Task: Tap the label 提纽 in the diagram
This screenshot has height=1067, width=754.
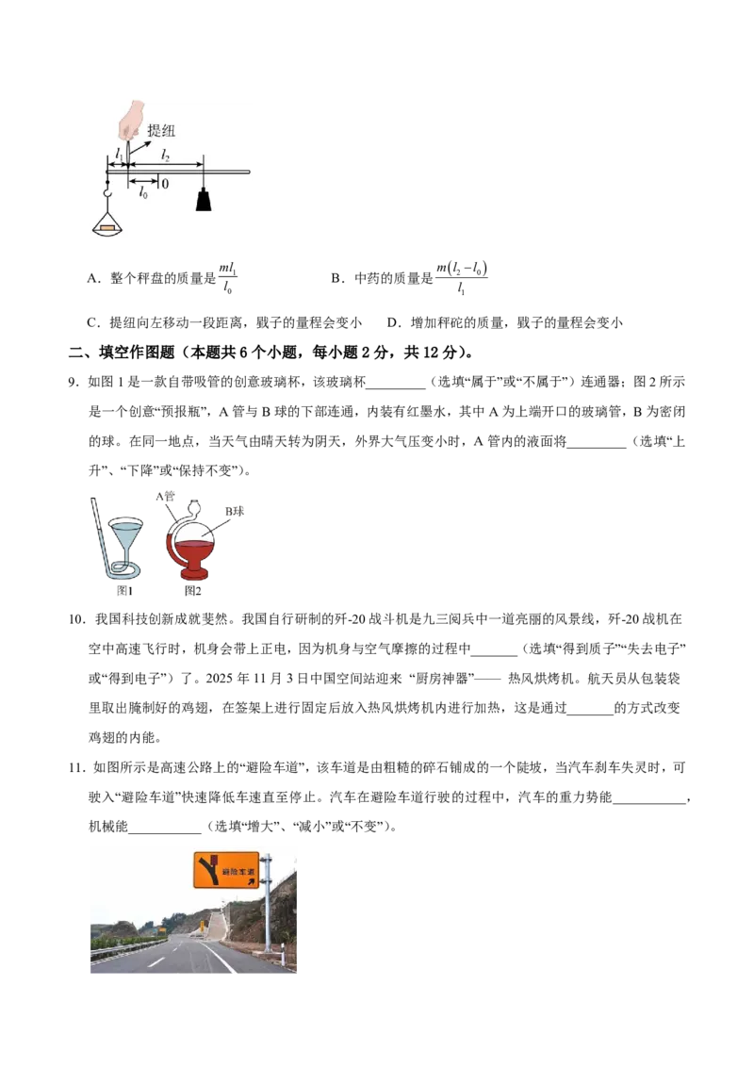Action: [161, 131]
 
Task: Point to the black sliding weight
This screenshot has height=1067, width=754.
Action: [204, 199]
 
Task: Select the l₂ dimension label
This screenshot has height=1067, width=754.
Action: [165, 156]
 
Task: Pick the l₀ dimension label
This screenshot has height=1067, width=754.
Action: [143, 194]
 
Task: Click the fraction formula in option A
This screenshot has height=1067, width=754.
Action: [228, 278]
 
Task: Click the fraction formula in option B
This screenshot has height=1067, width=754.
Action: [462, 278]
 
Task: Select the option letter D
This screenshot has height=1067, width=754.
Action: [392, 322]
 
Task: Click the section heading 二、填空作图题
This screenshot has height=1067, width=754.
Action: [122, 353]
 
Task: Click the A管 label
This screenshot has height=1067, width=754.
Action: [165, 496]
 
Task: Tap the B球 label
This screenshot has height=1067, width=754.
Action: [235, 510]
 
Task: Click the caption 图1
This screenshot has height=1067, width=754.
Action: [124, 591]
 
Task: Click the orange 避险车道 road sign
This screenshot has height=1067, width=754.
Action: [226, 870]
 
